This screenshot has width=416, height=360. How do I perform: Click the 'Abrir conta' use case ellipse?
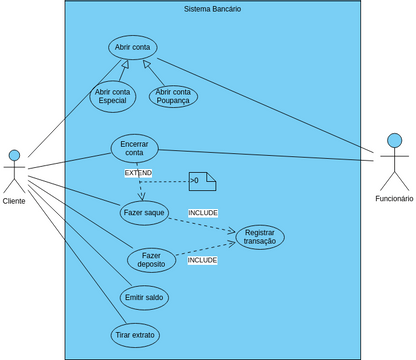[132, 47]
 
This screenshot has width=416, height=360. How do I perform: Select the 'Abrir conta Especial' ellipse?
[114, 97]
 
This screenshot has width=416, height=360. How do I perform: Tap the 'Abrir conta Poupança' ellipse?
[173, 97]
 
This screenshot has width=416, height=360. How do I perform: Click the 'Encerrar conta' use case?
[135, 149]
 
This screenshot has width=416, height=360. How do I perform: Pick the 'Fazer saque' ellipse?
[145, 212]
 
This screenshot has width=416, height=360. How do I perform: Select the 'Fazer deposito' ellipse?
[152, 260]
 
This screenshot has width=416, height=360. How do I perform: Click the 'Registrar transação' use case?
[260, 237]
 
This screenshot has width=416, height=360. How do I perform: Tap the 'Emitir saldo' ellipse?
[144, 298]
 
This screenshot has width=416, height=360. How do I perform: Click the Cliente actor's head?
[14, 155]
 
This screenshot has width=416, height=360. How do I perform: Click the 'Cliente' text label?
[14, 201]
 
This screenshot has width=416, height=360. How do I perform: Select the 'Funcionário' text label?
[394, 199]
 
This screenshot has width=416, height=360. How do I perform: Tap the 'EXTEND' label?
[138, 173]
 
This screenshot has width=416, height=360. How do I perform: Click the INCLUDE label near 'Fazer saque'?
[202, 213]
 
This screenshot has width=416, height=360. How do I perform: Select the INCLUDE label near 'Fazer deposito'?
[202, 260]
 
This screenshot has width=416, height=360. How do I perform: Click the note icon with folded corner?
[203, 181]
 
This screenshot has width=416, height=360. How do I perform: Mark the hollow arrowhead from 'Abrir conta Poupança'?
[147, 65]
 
